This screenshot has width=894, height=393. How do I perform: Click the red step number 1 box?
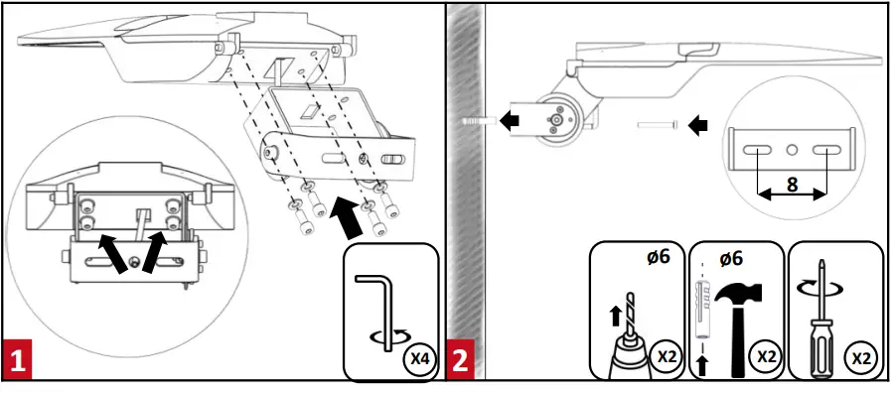tap(17, 360)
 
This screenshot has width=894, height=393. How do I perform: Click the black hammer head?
tap(738, 294)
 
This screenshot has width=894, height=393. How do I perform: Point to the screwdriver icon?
tap(821, 318)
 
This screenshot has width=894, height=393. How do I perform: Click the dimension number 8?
tap(791, 186)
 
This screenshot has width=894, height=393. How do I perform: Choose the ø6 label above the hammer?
tap(731, 259)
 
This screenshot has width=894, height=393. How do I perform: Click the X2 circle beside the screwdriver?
tap(860, 357)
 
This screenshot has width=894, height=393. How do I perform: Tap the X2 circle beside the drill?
tap(667, 357)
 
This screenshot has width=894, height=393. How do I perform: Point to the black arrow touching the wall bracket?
tap(511, 121)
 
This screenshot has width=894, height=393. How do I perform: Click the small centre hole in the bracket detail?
tap(792, 150)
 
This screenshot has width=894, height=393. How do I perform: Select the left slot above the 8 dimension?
tap(757, 150)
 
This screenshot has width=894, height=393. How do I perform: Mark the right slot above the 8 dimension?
tap(826, 150)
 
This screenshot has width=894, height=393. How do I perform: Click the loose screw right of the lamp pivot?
tap(658, 124)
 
